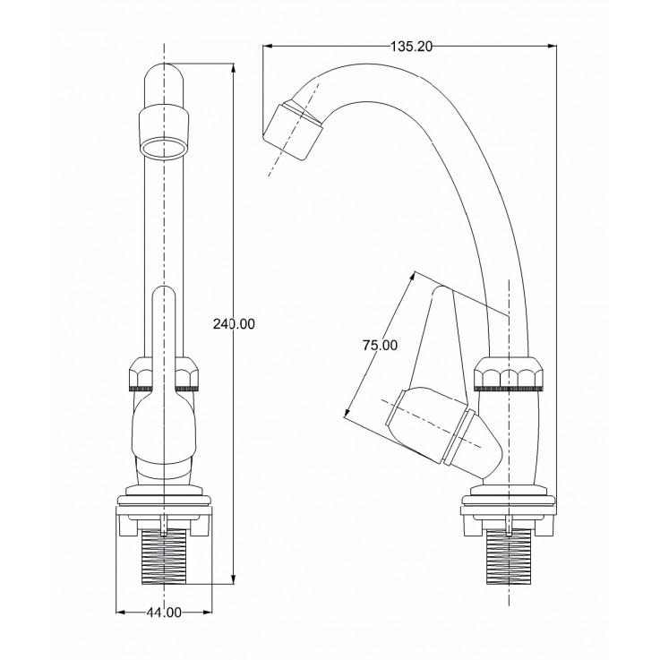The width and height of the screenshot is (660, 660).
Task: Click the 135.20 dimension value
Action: click(411, 47)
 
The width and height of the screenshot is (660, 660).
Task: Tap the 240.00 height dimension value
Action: click(234, 324)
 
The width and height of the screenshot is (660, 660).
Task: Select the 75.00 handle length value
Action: click(380, 345)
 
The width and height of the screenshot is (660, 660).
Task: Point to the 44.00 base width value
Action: click(164, 613)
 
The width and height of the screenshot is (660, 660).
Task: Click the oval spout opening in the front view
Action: click(163, 148)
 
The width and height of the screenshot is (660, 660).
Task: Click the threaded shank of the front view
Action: click(163, 556)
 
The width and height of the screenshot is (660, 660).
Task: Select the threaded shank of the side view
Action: click(509, 556)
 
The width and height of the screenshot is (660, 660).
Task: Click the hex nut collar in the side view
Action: click(508, 373)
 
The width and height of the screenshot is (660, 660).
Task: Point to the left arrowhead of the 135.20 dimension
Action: click(267, 46)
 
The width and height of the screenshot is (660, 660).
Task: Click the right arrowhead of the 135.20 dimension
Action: click(552, 46)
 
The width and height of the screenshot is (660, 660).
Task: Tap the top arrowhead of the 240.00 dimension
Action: click(234, 68)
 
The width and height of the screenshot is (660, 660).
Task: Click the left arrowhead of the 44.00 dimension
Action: click(120, 612)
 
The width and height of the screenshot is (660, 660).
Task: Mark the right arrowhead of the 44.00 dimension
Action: click(207, 612)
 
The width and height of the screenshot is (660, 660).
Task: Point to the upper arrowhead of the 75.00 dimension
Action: click(413, 276)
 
